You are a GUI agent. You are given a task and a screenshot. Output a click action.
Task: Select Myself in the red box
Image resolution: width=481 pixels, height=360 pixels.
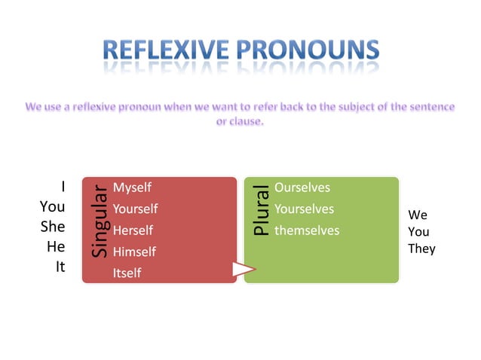tap(132, 188)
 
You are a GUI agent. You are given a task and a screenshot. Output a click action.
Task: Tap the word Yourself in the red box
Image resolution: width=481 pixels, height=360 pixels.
tap(135, 209)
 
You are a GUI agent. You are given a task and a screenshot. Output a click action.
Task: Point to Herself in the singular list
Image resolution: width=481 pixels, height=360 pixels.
tap(133, 230)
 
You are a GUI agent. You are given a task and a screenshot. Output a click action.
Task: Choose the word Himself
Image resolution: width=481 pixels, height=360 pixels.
tap(133, 252)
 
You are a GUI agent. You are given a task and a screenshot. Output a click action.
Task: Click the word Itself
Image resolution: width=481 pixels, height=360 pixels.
tap(127, 273)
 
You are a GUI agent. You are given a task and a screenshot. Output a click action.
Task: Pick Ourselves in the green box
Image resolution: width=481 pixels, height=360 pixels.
tap(302, 188)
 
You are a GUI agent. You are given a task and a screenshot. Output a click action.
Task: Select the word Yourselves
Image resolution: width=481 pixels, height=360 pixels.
tap(304, 209)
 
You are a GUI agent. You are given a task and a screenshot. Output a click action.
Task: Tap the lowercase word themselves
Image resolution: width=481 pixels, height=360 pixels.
tap(307, 230)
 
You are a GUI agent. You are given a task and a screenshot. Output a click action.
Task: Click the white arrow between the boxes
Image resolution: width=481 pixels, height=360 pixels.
tap(244, 269)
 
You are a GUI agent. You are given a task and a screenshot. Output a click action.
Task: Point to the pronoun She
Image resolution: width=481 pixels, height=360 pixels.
tap(53, 226)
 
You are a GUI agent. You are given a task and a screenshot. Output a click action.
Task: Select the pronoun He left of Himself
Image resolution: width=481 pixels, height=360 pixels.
tap(57, 246)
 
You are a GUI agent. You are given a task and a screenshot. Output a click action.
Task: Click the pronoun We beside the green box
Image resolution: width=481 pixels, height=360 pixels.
tap(418, 215)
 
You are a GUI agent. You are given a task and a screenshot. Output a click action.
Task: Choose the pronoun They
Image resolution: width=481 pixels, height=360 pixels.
tap(421, 249)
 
